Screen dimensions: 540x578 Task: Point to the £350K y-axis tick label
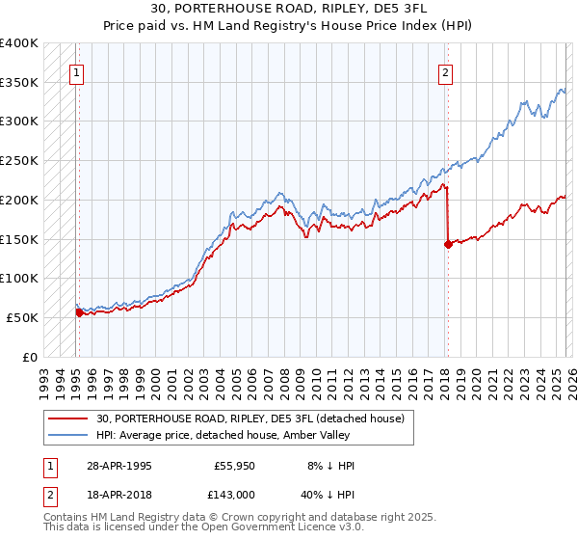[x=19, y=83]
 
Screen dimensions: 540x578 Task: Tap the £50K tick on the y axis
[x=22, y=317]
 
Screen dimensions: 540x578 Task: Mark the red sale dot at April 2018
[x=448, y=245]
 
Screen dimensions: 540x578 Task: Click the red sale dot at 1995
[x=79, y=312]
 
